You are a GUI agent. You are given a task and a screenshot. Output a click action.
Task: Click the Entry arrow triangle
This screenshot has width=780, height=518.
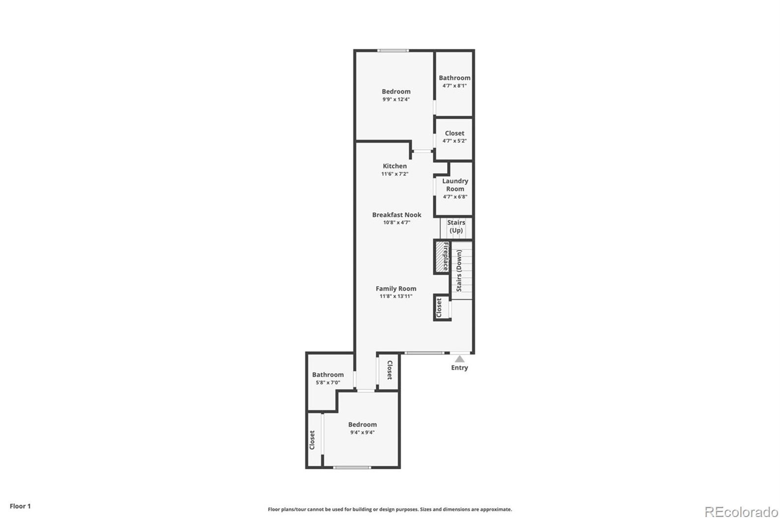pyautogui.click(x=459, y=359)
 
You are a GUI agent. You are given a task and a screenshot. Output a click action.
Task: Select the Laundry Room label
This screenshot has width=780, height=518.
pyautogui.click(x=455, y=185)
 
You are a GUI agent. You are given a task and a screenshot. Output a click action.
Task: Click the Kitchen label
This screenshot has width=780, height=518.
pyautogui.click(x=395, y=166)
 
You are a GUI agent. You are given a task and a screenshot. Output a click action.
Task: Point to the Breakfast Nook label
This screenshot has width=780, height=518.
pyautogui.click(x=396, y=215)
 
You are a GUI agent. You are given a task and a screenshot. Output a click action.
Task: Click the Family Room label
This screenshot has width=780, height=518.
pyautogui.click(x=396, y=289)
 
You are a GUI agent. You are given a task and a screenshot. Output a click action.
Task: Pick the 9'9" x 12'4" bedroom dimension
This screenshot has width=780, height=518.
pyautogui.click(x=396, y=99)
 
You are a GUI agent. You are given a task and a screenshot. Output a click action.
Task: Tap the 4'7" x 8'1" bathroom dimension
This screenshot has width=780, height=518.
pyautogui.click(x=454, y=86)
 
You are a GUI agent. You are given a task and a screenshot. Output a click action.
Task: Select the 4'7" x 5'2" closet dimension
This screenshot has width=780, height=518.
pyautogui.click(x=454, y=141)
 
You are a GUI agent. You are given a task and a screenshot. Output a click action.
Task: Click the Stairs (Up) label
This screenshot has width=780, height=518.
pyautogui.click(x=456, y=227)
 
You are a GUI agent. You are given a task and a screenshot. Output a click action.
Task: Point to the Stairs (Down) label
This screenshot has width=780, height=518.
pyautogui.click(x=459, y=270)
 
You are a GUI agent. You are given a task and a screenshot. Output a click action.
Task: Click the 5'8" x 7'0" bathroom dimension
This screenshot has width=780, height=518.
pyautogui.click(x=328, y=383)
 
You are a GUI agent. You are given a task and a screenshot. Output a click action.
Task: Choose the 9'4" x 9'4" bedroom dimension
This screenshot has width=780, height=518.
pyautogui.click(x=362, y=433)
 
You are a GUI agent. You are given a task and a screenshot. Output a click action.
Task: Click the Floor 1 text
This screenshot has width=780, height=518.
pyautogui.click(x=20, y=506)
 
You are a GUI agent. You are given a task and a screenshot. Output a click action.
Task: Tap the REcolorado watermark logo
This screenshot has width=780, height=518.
pyautogui.click(x=741, y=512)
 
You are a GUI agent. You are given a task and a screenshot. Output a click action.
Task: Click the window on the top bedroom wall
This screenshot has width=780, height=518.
pyautogui.click(x=393, y=50)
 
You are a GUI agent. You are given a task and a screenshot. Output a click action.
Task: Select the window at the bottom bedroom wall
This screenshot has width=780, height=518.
pyautogui.click(x=352, y=467)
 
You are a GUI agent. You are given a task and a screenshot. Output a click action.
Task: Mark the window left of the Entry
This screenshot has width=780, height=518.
pyautogui.click(x=424, y=353)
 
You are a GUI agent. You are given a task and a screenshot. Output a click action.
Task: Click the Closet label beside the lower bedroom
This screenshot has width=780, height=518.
pyautogui.click(x=312, y=440)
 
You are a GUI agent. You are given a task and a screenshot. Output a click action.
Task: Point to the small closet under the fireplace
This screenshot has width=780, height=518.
pyautogui.click(x=440, y=308)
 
